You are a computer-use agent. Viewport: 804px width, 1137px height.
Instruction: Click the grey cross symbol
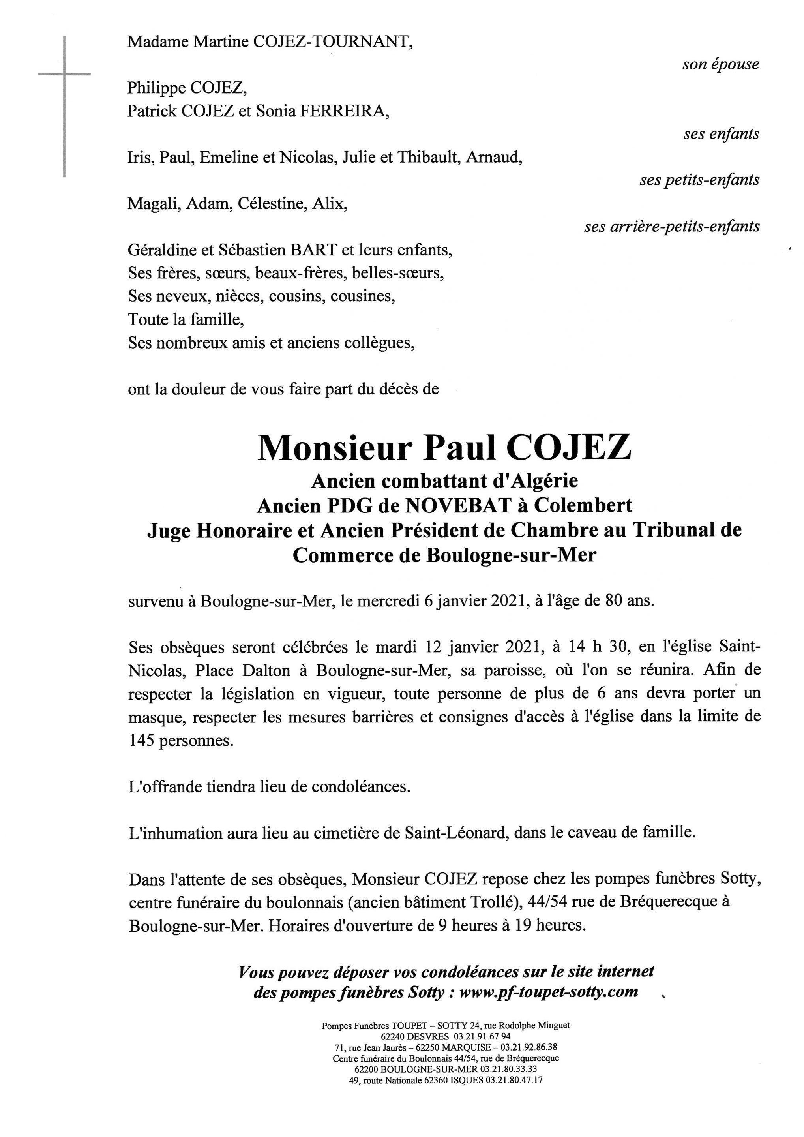(64, 74)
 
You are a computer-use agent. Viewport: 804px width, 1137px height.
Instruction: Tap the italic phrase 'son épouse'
(720, 64)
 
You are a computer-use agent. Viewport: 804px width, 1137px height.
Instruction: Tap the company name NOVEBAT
(458, 505)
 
